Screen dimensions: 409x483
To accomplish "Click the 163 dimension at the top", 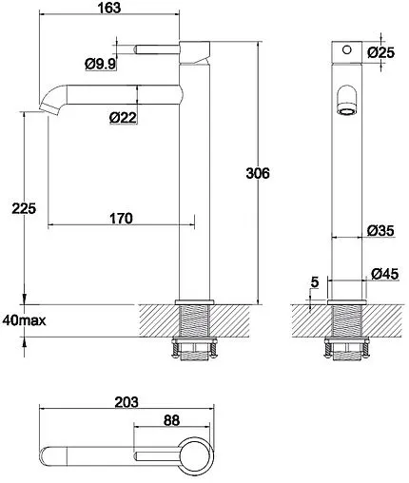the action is pyautogui.click(x=109, y=8).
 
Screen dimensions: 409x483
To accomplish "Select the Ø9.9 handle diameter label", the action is pyautogui.click(x=101, y=64).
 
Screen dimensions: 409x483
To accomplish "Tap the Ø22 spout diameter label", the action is pyautogui.click(x=124, y=118).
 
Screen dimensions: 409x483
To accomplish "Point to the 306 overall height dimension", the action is pyautogui.click(x=258, y=173).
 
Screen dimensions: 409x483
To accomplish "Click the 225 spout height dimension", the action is pyautogui.click(x=24, y=208).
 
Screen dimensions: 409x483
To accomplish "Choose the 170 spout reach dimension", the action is pyautogui.click(x=121, y=219).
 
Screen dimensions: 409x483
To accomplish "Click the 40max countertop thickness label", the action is pyautogui.click(x=24, y=320).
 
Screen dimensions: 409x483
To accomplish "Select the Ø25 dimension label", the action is pyautogui.click(x=381, y=52).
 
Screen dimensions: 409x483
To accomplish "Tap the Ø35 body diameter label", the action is pyautogui.click(x=380, y=230).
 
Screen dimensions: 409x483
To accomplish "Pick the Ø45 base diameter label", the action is pyautogui.click(x=384, y=274).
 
